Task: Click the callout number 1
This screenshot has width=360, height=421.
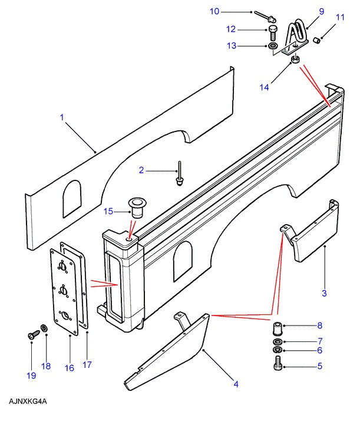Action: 62,117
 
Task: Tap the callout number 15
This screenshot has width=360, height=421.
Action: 108,212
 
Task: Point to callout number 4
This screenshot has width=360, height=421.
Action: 236,384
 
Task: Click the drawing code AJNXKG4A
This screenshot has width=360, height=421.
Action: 28,402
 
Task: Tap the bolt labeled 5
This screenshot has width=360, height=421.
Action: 279,366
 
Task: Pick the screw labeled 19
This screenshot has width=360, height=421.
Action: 31,335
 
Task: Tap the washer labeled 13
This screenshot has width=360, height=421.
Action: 273,45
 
